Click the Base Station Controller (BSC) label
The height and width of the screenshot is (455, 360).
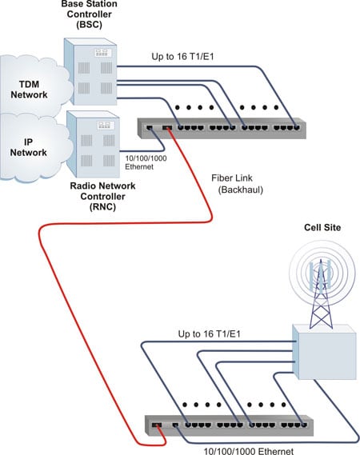89,14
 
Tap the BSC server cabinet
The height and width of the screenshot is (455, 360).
90,71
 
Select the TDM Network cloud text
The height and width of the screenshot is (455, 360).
29,90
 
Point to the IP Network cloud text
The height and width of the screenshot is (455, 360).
29,147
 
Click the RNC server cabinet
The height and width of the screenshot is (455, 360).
93,144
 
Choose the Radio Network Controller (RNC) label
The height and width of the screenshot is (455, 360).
102,196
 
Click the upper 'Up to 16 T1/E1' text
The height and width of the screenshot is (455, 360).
182,56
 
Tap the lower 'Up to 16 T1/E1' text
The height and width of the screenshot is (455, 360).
210,334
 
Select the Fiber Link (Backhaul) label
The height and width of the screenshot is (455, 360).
237,184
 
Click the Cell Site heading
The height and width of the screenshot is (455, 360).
322,227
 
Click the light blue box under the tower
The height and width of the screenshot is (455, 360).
325,352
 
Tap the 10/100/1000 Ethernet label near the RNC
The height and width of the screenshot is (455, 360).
146,162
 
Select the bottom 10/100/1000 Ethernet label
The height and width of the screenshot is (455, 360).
249,451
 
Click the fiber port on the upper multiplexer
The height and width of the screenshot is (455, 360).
167,128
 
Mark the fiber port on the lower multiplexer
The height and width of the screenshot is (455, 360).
157,425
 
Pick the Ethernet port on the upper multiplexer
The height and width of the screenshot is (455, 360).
150,127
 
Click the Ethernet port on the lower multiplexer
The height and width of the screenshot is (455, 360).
175,425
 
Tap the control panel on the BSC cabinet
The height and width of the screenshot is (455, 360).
102,53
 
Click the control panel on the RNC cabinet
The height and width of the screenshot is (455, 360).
106,126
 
